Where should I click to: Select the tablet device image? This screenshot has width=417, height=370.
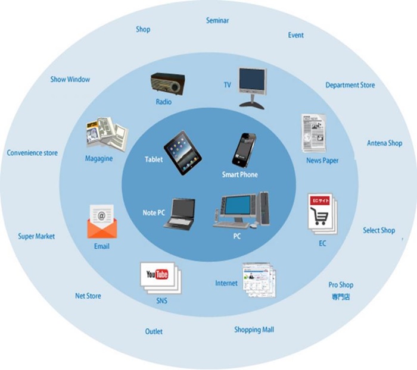pos(182,152)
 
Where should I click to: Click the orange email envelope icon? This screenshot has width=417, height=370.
pos(101,222)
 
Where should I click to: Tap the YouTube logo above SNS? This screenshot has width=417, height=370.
pos(157,274)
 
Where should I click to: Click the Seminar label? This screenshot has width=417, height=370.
pos(217,20)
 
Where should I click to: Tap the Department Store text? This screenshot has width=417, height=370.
pos(350,85)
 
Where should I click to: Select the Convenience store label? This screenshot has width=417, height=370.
pos(32,153)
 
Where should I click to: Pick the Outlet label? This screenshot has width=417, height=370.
pos(154,331)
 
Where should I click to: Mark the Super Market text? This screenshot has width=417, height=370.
pos(36,236)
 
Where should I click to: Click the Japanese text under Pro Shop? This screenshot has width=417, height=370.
pos(341,296)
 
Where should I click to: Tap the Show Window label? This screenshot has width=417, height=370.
pos(70,79)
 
